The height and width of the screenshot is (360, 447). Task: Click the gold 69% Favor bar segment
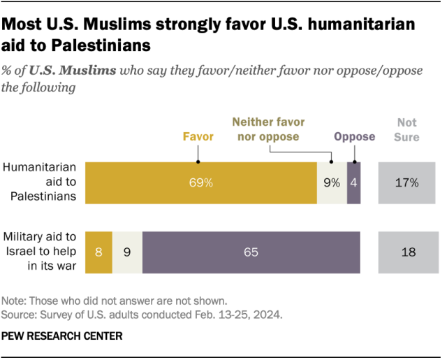click(x=200, y=182)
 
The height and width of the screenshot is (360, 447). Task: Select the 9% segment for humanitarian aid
click(x=331, y=182)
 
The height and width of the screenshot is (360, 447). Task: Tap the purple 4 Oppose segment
click(x=354, y=182)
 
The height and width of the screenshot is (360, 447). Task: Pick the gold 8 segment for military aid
click(x=98, y=252)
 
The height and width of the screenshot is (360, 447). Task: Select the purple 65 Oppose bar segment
click(x=251, y=252)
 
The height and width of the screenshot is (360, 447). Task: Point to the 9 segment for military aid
click(x=127, y=252)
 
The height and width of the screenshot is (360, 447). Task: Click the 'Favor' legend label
click(x=198, y=136)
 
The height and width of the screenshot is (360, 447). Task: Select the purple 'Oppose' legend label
click(x=354, y=136)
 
